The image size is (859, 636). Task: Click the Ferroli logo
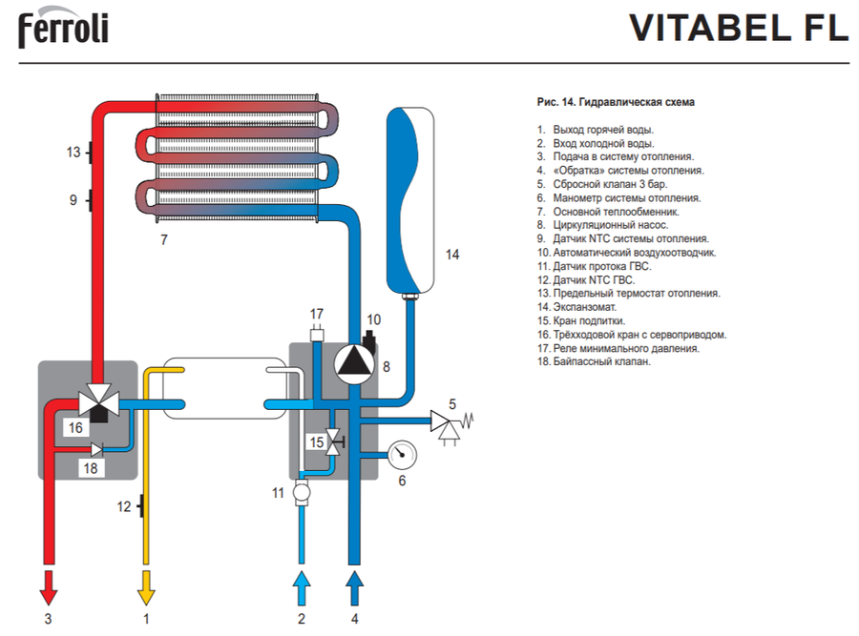click(x=63, y=29)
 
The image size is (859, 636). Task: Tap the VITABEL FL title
click(x=738, y=29)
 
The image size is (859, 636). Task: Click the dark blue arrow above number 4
click(x=355, y=584)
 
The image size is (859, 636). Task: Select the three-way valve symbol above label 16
click(x=99, y=401)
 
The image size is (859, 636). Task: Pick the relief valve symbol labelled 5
click(x=444, y=419)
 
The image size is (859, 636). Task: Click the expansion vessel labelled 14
click(x=410, y=201)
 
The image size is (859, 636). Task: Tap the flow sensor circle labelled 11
click(x=302, y=493)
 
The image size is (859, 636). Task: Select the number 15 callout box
click(x=315, y=441)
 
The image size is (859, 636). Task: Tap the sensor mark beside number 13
click(x=89, y=152)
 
